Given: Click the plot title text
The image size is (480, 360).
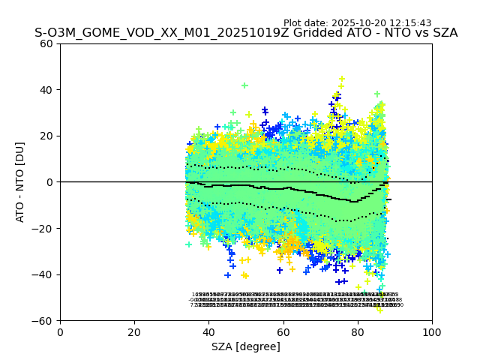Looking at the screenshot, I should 246,33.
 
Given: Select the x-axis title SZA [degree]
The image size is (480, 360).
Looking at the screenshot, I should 246,346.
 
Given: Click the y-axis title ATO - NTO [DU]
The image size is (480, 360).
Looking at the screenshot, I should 20,182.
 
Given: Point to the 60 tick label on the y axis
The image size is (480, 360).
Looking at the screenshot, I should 46,43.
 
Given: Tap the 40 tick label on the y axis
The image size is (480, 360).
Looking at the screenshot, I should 46,90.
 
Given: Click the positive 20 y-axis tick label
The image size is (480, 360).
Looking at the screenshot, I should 46,136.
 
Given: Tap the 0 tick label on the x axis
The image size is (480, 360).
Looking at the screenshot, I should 60,332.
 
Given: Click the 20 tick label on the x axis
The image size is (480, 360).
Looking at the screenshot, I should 134,332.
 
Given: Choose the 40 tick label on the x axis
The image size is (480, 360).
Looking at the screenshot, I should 208,332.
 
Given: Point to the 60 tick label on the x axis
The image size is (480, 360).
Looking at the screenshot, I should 283,332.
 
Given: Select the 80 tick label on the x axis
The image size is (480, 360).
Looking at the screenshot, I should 358,332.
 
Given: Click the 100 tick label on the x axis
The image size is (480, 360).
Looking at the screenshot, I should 432,332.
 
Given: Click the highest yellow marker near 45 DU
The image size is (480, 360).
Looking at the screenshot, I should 341,79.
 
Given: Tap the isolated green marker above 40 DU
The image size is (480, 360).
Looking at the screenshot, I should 244,85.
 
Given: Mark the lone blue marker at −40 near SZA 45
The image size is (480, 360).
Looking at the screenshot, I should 227,275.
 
